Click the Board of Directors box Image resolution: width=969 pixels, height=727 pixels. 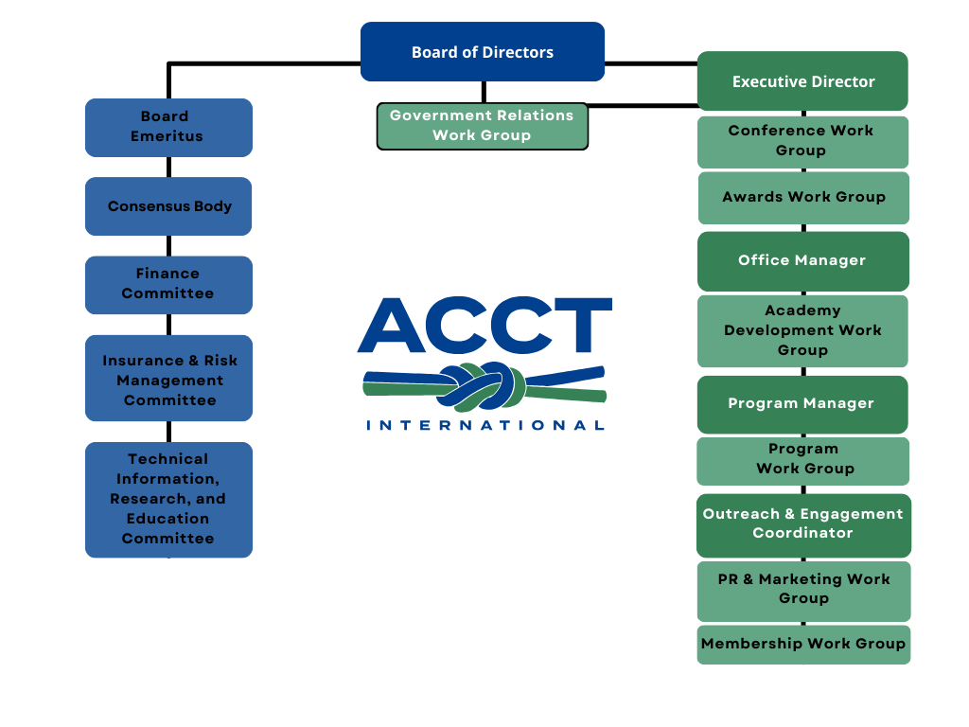(x=483, y=52)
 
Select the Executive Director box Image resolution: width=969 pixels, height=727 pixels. (x=802, y=81)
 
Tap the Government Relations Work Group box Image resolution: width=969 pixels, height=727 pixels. (x=483, y=126)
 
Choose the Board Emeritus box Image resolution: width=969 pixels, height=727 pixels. (x=168, y=127)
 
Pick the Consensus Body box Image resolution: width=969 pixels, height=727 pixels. (x=168, y=206)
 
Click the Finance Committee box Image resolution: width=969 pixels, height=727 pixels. (x=168, y=284)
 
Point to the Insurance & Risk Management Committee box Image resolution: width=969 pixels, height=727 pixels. (x=168, y=379)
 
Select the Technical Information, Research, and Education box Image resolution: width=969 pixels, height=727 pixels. (x=168, y=499)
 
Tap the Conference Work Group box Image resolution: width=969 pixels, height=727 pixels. (x=802, y=141)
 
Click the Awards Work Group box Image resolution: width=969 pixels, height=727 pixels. (x=803, y=197)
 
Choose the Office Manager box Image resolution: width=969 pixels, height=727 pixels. (x=802, y=260)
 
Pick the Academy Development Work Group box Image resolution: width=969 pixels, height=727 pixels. (x=802, y=330)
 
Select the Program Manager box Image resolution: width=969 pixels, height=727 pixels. (x=802, y=404)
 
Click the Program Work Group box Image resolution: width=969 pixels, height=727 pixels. (x=803, y=460)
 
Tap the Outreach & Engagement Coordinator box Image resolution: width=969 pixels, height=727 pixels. (x=803, y=524)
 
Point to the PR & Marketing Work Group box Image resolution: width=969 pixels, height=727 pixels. (x=803, y=590)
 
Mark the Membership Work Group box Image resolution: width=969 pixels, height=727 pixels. (x=803, y=644)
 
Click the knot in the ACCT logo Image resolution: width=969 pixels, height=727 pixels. (x=485, y=384)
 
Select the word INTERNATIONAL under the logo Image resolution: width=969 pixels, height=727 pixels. (x=485, y=425)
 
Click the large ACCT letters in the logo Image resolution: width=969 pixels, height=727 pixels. (x=484, y=325)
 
